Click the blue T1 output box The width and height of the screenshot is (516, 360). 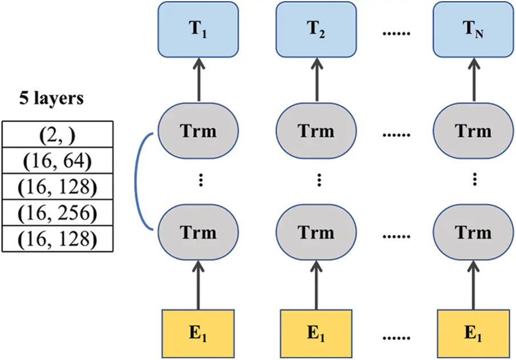[198, 30]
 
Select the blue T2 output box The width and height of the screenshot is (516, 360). [316, 30]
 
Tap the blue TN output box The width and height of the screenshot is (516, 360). [474, 30]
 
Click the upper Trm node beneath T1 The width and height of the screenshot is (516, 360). [198, 131]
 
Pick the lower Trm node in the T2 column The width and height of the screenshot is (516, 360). [316, 232]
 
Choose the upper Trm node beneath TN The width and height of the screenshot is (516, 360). [474, 131]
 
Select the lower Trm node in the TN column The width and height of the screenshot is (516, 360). [474, 232]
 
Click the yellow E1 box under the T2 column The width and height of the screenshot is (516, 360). [316, 333]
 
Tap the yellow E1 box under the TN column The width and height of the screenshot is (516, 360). [474, 333]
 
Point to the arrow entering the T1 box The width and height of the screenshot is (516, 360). [198, 80]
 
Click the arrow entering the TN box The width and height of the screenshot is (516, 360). [474, 80]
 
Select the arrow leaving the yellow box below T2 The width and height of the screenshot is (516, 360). [316, 285]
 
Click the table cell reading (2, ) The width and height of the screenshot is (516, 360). [58, 135]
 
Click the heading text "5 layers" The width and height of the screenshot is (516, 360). [51, 99]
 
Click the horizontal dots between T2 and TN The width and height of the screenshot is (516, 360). [396, 33]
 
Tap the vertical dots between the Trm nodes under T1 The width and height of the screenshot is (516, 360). [201, 180]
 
